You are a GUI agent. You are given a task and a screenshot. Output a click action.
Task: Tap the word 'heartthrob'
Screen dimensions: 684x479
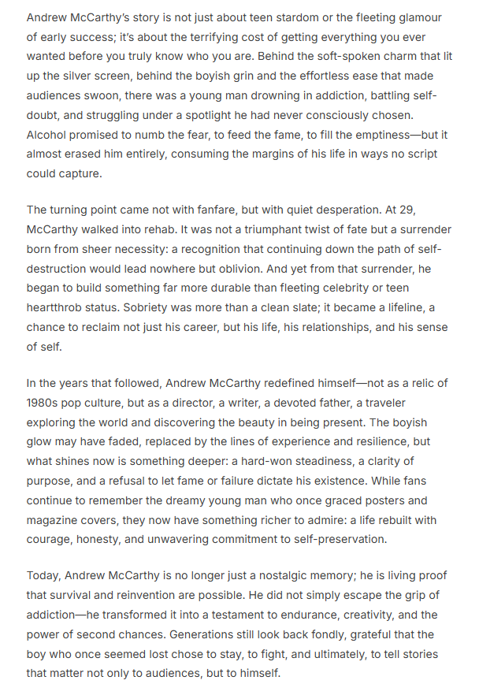58,307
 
